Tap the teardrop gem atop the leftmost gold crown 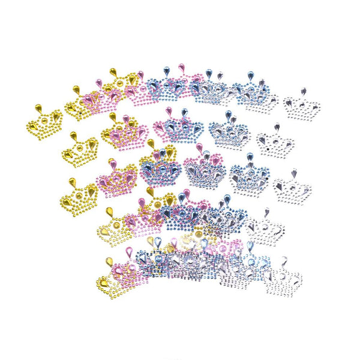coord(38,109)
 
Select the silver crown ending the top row coord(301,107)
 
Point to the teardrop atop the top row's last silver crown coord(304,91)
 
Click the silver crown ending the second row coord(275,144)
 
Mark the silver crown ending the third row coord(292,189)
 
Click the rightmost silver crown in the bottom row coord(283,279)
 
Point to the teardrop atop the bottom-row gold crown coord(109,262)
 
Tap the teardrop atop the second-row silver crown coord(277,128)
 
